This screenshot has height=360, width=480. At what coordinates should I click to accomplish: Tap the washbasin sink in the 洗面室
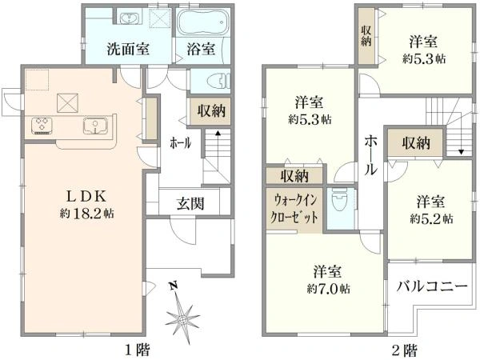pyautogui.click(x=130, y=18)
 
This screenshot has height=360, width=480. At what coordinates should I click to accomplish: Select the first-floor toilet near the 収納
pyautogui.click(x=218, y=81)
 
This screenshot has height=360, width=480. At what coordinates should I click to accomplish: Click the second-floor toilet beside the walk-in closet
pyautogui.click(x=340, y=200)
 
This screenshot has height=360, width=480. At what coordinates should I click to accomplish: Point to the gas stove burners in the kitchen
pyautogui.click(x=42, y=126)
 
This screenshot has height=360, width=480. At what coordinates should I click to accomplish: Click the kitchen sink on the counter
pyautogui.click(x=95, y=126)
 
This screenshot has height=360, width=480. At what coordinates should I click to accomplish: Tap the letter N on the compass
pyautogui.click(x=174, y=286)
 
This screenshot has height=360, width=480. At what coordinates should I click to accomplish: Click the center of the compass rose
pyautogui.click(x=183, y=319)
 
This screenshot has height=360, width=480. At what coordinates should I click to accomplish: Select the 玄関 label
pyautogui.click(x=190, y=203)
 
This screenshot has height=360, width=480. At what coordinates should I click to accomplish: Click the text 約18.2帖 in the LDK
pyautogui.click(x=86, y=214)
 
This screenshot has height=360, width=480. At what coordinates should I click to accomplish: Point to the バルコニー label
pyautogui.click(x=432, y=287)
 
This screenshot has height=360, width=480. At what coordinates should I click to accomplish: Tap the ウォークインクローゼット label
pyautogui.click(x=294, y=210)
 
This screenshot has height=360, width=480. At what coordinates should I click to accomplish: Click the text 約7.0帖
pyautogui.click(x=329, y=289)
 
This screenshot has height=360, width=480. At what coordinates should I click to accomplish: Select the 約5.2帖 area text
pyautogui.click(x=432, y=219)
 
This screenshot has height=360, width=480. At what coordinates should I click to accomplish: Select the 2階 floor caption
pyautogui.click(x=404, y=349)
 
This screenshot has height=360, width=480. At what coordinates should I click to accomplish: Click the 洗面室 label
pyautogui.click(x=128, y=49)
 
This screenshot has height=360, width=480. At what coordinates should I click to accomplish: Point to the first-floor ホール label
pyautogui.click(x=181, y=142)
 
